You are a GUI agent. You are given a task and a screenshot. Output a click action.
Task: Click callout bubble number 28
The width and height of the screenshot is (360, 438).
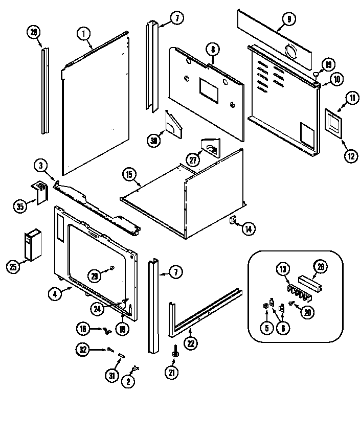[x=34, y=32]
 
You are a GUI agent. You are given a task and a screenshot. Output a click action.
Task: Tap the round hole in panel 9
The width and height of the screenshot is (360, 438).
[x=292, y=52]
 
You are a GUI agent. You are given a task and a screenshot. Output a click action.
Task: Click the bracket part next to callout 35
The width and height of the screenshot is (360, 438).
[x=39, y=193]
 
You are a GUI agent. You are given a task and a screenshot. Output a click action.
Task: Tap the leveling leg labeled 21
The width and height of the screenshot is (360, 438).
[x=175, y=353]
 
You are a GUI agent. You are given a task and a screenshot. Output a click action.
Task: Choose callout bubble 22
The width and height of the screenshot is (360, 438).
[x=190, y=343]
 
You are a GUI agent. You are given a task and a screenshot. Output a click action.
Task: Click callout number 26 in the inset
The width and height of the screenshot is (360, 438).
[x=321, y=266]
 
